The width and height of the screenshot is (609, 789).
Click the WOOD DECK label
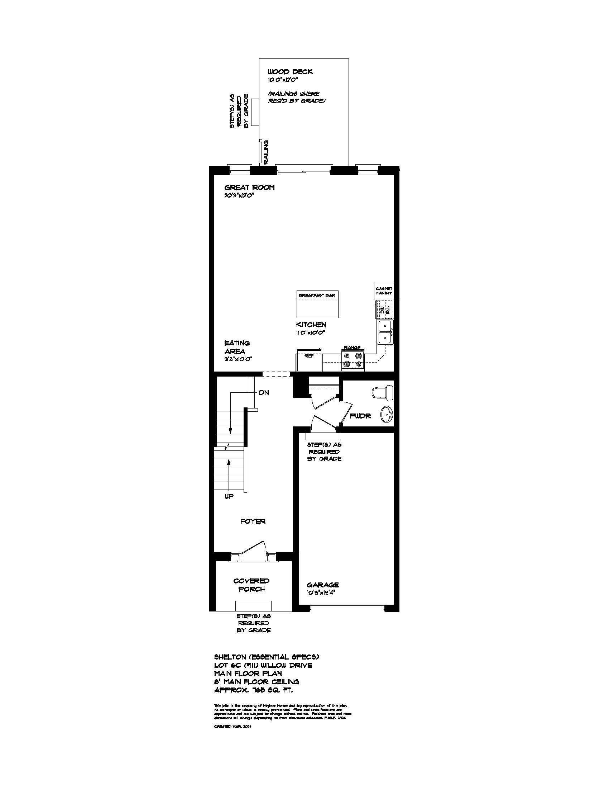click(290, 72)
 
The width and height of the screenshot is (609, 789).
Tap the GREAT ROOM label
click(249, 188)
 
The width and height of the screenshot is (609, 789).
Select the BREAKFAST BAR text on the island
click(317, 295)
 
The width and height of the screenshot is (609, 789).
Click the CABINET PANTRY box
click(384, 291)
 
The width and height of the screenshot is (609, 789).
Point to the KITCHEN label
click(311, 325)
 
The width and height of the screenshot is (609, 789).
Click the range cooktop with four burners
click(353, 360)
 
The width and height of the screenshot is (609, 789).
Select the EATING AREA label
click(237, 347)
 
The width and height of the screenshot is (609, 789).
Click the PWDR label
click(360, 416)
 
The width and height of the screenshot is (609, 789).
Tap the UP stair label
click(229, 496)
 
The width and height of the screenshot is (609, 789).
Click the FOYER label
click(253, 522)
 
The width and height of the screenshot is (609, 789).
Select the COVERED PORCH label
click(251, 585)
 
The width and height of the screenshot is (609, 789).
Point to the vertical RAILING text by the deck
click(266, 152)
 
